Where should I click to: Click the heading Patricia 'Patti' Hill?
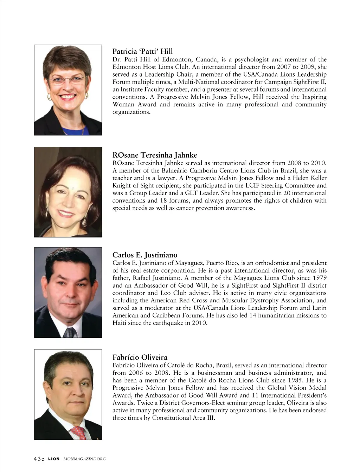[x=142, y=52]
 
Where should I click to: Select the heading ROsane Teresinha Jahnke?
[x=154, y=155]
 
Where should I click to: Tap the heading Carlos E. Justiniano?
[x=144, y=255]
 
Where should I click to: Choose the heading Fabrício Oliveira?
[x=140, y=358]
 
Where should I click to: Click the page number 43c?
[x=39, y=459]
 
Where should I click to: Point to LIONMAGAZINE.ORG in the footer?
[x=84, y=459]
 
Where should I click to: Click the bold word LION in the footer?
[x=54, y=459]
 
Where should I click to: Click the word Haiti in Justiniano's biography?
[x=119, y=323]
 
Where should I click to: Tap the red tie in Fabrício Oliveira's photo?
[x=78, y=433]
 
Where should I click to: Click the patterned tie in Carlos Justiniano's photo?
[x=69, y=332]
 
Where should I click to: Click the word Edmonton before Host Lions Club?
[x=125, y=67]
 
